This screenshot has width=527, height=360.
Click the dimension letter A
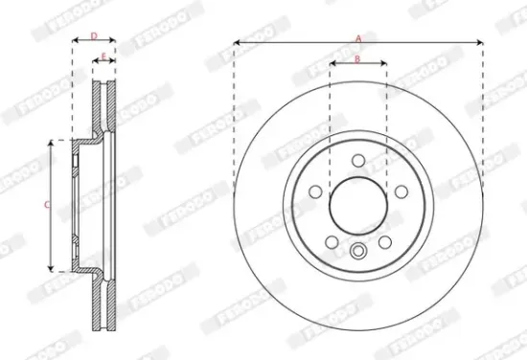pos(358,37)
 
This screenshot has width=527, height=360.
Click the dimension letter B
pos(357,58)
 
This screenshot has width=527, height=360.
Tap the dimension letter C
pos(47,204)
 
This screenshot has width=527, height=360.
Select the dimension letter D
pos(94,35)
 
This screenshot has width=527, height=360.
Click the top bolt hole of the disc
pos(357,161)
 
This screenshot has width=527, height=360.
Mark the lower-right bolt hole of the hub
pos(385,241)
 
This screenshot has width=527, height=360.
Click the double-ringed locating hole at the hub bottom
pos(358,253)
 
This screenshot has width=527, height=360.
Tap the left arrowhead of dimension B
pos(332,65)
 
